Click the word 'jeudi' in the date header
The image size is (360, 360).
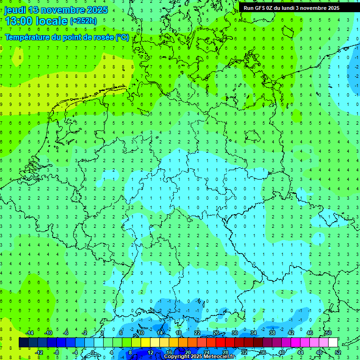click(15, 10)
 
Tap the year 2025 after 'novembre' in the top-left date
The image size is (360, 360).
click(97, 10)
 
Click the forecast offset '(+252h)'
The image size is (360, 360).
click(83, 21)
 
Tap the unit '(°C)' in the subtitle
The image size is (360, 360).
click(122, 37)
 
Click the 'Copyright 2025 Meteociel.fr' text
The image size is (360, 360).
click(200, 357)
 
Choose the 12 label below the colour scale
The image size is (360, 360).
click(150, 352)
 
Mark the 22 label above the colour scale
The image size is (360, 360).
click(197, 333)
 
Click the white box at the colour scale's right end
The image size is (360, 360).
click(333, 343)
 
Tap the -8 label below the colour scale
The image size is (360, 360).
click(57, 352)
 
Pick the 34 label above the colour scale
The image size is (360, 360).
click(254, 333)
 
